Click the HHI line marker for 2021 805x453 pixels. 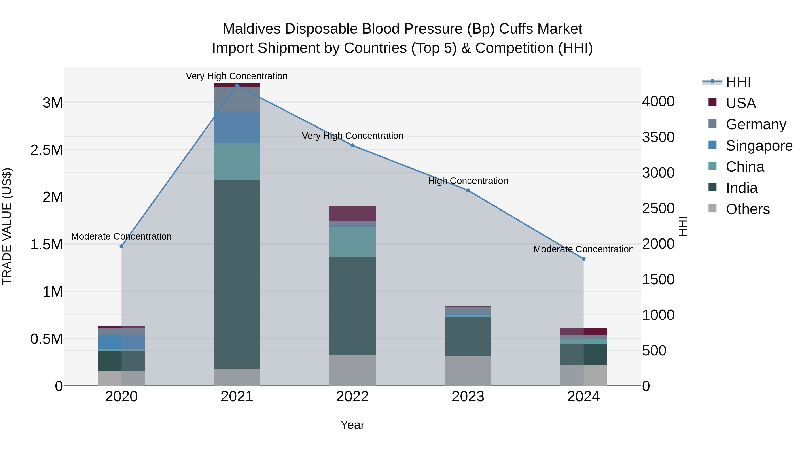(237, 85)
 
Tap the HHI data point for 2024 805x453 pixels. (583, 259)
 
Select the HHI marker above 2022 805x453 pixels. (352, 145)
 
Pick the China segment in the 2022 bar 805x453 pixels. (352, 241)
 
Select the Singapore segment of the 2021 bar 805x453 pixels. (237, 127)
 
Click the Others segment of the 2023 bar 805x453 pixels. (468, 371)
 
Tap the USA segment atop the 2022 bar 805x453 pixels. (352, 213)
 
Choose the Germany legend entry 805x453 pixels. (755, 124)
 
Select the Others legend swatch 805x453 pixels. (712, 208)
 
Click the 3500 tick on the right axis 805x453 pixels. (658, 137)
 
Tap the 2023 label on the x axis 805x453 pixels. (468, 397)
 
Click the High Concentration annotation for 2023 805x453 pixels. (468, 181)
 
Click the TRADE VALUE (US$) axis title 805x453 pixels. (7, 226)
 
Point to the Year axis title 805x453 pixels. (352, 425)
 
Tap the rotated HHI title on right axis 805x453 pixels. (683, 226)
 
